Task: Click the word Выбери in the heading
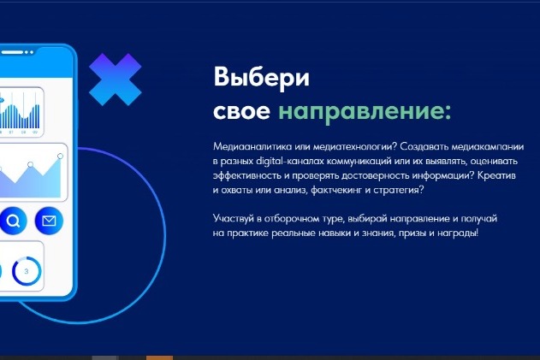261,78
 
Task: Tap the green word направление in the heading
365,111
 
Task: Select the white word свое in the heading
241,111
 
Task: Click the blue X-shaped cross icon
115,80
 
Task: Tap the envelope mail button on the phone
49,221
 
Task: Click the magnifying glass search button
13,221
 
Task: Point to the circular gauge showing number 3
27,271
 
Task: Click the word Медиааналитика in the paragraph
253,146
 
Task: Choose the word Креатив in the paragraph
496,175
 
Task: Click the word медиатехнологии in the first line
355,146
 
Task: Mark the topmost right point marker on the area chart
60,156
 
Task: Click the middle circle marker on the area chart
30,164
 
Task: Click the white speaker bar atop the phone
12,52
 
